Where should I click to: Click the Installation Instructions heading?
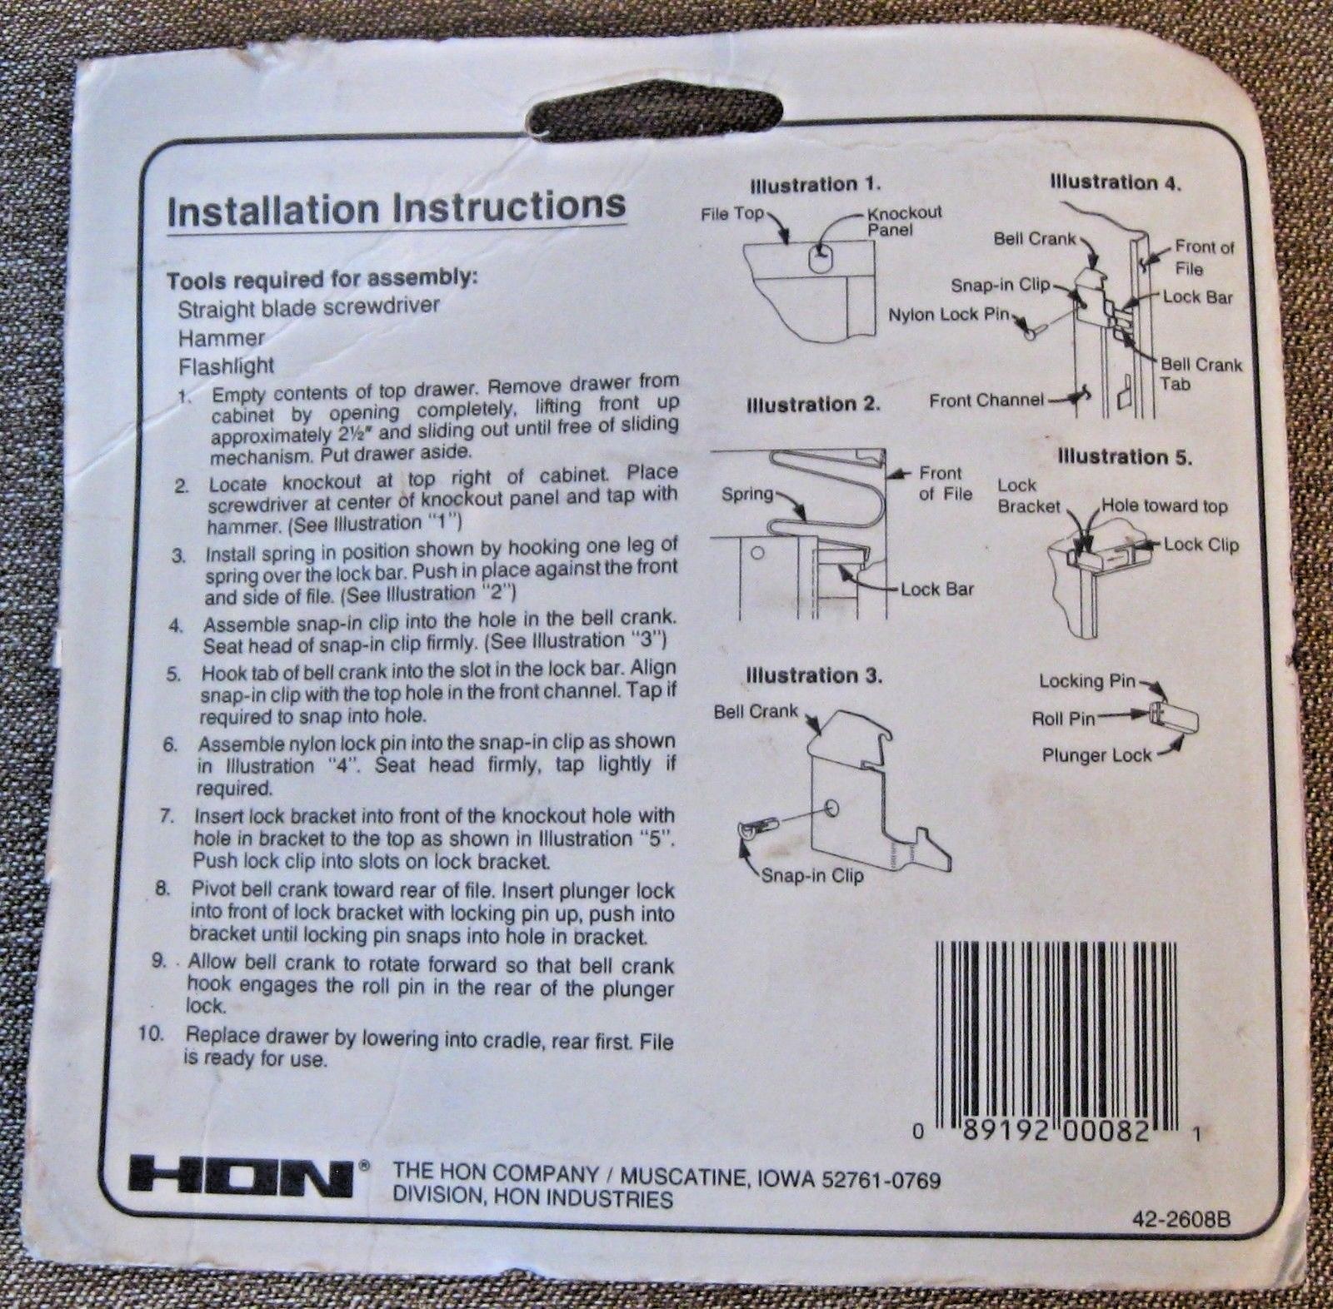point(396,208)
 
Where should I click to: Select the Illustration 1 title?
point(815,184)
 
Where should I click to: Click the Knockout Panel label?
point(903,221)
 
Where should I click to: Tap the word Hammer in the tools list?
point(221,338)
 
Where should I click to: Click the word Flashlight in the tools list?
point(226,366)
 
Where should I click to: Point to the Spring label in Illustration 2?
point(746,494)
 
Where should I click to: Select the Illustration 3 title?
point(813,675)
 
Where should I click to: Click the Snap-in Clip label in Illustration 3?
point(811,876)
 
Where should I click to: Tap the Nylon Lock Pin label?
point(947,315)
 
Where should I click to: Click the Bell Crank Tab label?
point(1200,374)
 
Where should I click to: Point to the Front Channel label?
point(986,401)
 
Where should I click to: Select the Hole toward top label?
point(1164,505)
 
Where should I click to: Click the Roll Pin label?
point(1062,718)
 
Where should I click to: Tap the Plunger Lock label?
point(1096,755)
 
